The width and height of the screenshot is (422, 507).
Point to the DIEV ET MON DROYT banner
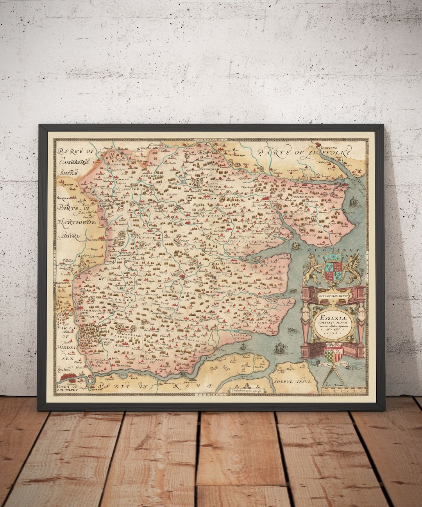333,296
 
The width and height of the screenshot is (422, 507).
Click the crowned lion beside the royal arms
313,268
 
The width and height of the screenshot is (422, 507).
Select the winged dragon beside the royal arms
355,268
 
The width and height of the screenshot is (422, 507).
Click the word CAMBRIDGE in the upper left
75,162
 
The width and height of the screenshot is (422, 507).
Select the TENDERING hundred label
303,198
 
